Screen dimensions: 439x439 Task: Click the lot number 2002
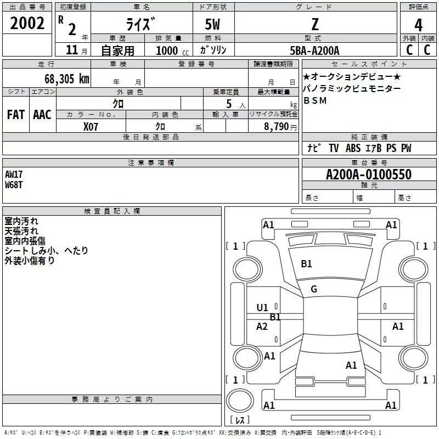(27, 23)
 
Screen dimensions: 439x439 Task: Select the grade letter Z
(314, 24)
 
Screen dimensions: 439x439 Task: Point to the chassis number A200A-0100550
(368, 175)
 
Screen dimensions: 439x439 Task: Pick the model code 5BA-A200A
(314, 50)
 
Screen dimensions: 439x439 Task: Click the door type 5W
(213, 25)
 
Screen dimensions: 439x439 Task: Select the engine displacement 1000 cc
(170, 50)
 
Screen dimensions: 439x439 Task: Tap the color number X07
(92, 127)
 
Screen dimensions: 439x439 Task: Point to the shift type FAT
(15, 114)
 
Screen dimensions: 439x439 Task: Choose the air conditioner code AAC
(42, 114)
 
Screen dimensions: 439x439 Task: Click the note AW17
(15, 174)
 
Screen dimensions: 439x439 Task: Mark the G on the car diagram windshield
(314, 289)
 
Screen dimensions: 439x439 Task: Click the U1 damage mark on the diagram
(262, 308)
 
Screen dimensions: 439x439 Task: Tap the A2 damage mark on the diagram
(262, 327)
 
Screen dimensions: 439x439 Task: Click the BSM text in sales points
(315, 100)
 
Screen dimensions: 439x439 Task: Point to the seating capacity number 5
(227, 104)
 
